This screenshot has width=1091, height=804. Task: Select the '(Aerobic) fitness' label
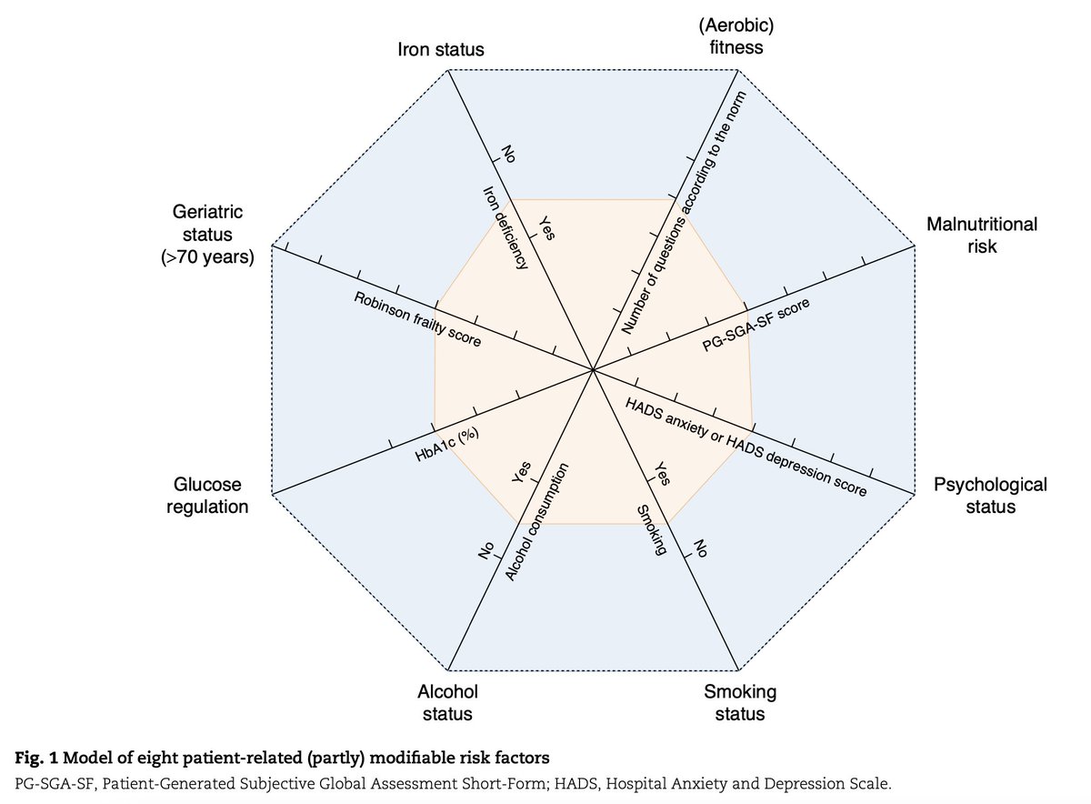[736, 35]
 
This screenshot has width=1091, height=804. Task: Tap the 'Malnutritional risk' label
[981, 235]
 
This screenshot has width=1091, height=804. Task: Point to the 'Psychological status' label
[990, 495]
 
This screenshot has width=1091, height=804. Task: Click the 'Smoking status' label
[740, 702]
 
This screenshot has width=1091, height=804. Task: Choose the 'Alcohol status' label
[447, 702]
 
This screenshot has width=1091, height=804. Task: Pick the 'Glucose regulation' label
[207, 496]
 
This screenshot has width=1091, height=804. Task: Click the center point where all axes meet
[593, 370]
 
